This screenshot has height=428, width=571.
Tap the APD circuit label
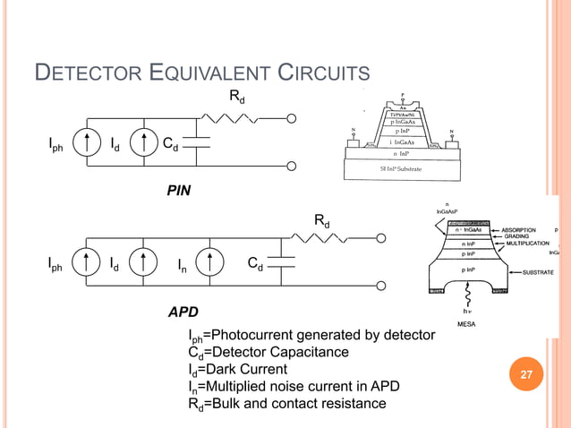tap(183, 313)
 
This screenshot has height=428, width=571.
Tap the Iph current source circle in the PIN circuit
tap(86, 142)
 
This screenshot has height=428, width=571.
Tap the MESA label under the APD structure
tap(467, 323)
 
